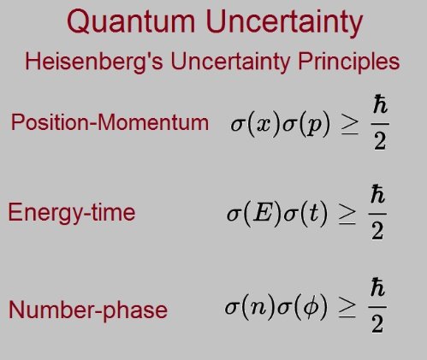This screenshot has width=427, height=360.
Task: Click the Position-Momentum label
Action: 110,122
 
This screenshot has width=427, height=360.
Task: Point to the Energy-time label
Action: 72,212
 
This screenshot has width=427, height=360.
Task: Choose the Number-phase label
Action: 87,309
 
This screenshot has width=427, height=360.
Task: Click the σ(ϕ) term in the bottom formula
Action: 304,307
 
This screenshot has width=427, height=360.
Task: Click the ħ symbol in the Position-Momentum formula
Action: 378,107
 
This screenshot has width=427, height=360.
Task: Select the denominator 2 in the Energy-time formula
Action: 377,231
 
